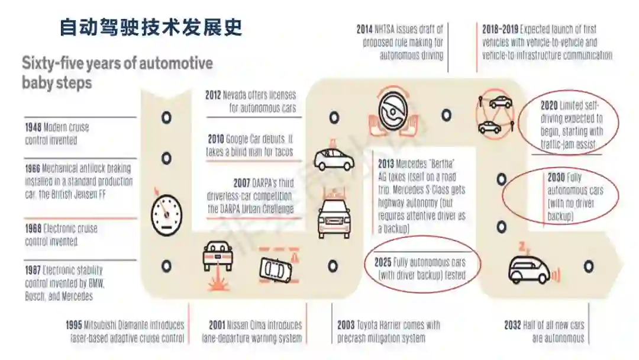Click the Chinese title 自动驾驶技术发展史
point(151,28)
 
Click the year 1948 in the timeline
point(33,127)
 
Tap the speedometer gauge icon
point(164,213)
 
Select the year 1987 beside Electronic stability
point(33,270)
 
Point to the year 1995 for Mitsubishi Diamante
point(75,325)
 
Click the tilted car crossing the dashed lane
point(276,269)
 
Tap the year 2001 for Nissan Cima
point(217,325)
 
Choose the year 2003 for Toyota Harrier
point(346,325)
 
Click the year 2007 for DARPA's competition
point(242,184)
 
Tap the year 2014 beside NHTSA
point(364,29)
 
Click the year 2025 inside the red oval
point(383,262)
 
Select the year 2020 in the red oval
point(549,106)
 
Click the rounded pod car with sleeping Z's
point(528,269)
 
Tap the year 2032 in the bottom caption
point(512,325)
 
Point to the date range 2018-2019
point(500,29)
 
